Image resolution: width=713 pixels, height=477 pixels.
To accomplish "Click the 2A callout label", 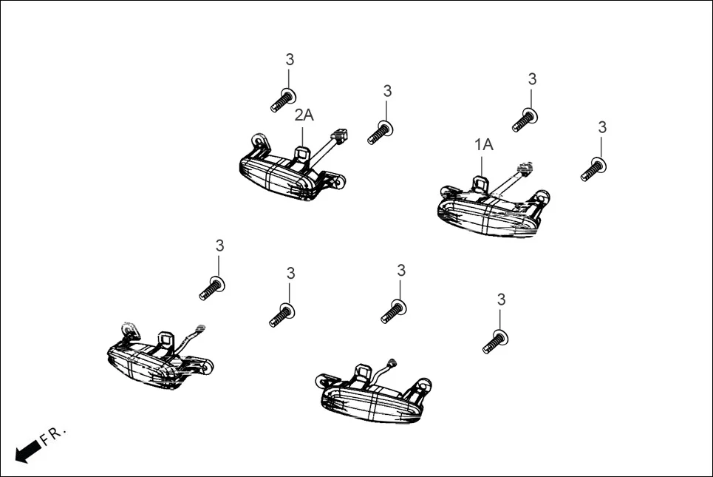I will (304, 115).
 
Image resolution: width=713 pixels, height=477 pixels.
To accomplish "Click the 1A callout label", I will (483, 145).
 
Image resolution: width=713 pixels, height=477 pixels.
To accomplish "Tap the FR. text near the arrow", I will (53, 435).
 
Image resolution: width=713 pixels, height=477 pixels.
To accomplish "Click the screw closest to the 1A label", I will (525, 118).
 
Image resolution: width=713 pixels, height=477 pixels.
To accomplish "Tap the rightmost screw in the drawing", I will (594, 169).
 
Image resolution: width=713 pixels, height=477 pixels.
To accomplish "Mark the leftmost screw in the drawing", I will (211, 288).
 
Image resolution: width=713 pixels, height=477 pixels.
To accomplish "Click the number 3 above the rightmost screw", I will (602, 128).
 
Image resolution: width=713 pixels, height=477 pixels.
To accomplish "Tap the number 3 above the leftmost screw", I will (219, 246).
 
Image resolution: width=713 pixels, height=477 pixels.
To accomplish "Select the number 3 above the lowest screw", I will (502, 300).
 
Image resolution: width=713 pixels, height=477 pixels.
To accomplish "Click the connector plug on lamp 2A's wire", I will (339, 135).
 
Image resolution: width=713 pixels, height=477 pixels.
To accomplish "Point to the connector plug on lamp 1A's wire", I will (526, 169).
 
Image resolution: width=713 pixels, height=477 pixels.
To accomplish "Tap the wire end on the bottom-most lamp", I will (392, 363).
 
